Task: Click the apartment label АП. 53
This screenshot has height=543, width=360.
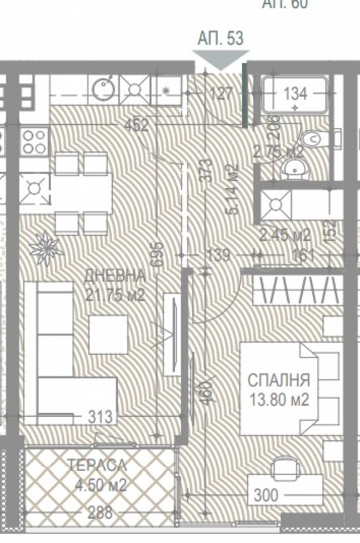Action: pyautogui.click(x=220, y=39)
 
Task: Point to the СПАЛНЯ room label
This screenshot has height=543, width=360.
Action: pyautogui.click(x=279, y=380)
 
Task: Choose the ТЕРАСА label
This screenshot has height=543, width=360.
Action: pyautogui.click(x=98, y=466)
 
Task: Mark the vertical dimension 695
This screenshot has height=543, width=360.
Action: pyautogui.click(x=156, y=255)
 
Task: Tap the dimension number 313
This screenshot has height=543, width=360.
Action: pyautogui.click(x=100, y=417)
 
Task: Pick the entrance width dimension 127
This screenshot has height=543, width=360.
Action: pyautogui.click(x=222, y=94)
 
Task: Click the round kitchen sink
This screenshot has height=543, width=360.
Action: pyautogui.click(x=103, y=88)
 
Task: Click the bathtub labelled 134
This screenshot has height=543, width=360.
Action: pyautogui.click(x=295, y=95)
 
